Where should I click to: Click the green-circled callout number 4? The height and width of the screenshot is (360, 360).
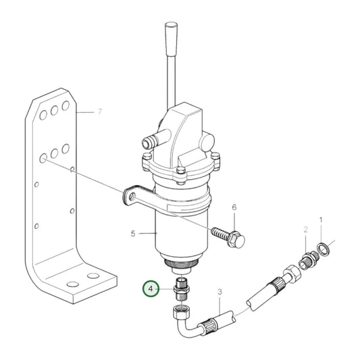[151, 288]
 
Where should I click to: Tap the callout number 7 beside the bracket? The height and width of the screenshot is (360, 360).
[99, 112]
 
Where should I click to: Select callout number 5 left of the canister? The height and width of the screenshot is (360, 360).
[133, 234]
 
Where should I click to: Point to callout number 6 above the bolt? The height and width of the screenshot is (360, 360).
[234, 207]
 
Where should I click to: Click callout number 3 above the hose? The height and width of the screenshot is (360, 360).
[220, 292]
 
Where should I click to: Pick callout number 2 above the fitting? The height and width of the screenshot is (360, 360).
[305, 230]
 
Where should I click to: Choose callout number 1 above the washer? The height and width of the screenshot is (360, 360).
[321, 220]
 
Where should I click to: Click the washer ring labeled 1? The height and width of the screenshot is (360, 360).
[324, 249]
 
